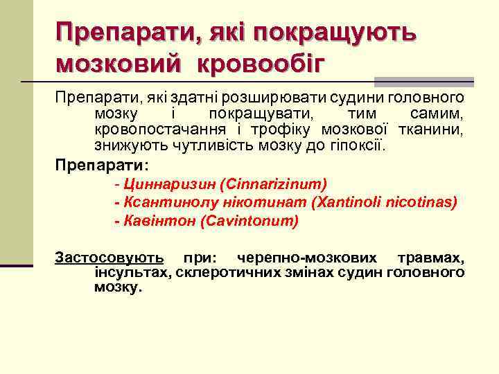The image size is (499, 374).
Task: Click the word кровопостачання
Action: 159,130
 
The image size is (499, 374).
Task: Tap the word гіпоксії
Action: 363,147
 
